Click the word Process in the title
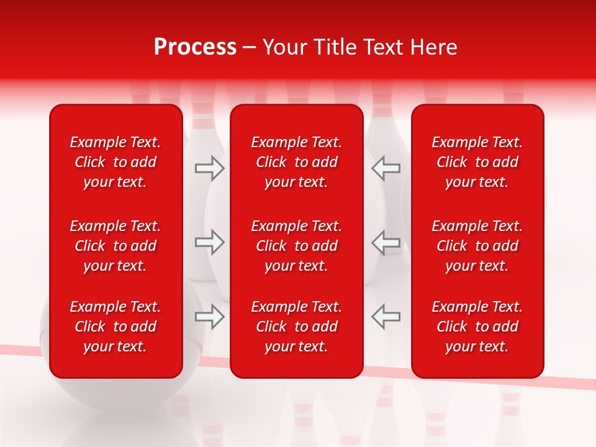tap(195, 47)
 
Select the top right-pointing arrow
tap(209, 168)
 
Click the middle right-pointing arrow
tap(209, 242)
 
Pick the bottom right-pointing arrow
tap(209, 317)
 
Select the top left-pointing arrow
tap(386, 168)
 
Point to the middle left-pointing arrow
tap(386, 242)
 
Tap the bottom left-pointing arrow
tap(386, 317)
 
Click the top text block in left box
tap(115, 162)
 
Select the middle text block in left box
tap(115, 246)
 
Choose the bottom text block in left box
tap(115, 327)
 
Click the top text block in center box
tap(296, 162)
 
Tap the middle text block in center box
tap(296, 246)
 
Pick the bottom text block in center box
tap(296, 327)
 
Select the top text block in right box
tap(477, 162)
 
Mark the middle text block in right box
tap(477, 246)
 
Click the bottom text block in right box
tap(477, 327)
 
